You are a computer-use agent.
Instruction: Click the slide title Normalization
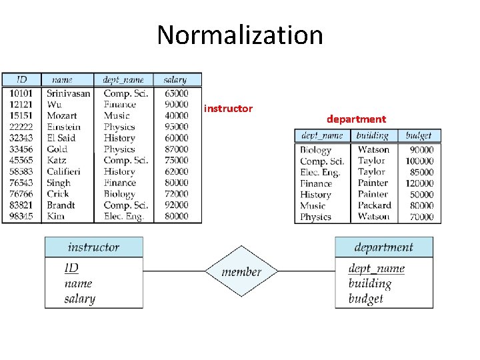pos(240,35)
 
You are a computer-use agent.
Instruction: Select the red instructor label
pos(228,108)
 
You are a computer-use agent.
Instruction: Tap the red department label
pos(356,119)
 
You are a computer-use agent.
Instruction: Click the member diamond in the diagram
pos(241,272)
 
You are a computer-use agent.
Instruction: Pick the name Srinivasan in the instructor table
pos(68,93)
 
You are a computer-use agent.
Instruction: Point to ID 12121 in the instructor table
pos(21,105)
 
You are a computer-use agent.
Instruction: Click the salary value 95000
pos(176,127)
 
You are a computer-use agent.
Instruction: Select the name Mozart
pos(61,115)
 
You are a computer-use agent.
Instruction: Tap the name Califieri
pos(63,171)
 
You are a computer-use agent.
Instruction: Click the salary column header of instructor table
pos(175,80)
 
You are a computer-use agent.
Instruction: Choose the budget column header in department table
pos(419,135)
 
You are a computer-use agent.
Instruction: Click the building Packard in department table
pos(374,205)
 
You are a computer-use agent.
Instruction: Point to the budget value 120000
pos(419,183)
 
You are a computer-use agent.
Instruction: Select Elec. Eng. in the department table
pos(320,172)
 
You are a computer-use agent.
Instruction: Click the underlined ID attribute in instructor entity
pos(71,268)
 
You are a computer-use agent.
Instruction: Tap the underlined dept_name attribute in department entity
pos(377,269)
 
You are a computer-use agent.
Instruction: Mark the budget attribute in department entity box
pos(366,298)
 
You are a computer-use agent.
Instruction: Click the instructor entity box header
pos(94,247)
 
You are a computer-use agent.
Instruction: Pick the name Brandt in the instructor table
pos(61,205)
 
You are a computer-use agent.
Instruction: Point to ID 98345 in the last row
pos(21,216)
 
